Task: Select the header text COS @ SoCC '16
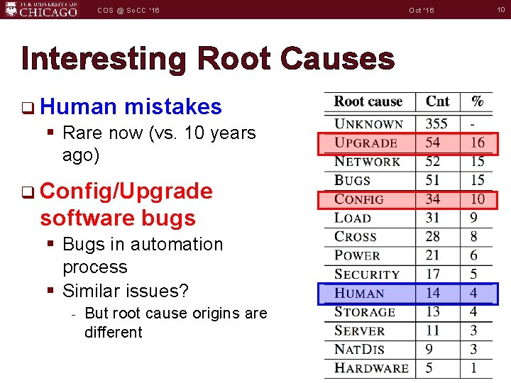pos(128,11)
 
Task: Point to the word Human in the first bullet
pos(78,107)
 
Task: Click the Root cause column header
pos(368,101)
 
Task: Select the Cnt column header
pos(437,101)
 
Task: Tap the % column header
pos(478,101)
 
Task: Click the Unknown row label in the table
pos(368,124)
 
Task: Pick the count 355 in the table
pos(436,124)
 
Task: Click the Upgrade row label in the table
pos(366,143)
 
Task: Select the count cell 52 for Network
pos(432,162)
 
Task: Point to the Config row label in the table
pos(358,199)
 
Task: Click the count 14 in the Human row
pos(432,293)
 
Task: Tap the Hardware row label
pos(371,368)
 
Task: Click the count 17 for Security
pos(432,274)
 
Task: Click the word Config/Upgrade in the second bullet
pos(126,191)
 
